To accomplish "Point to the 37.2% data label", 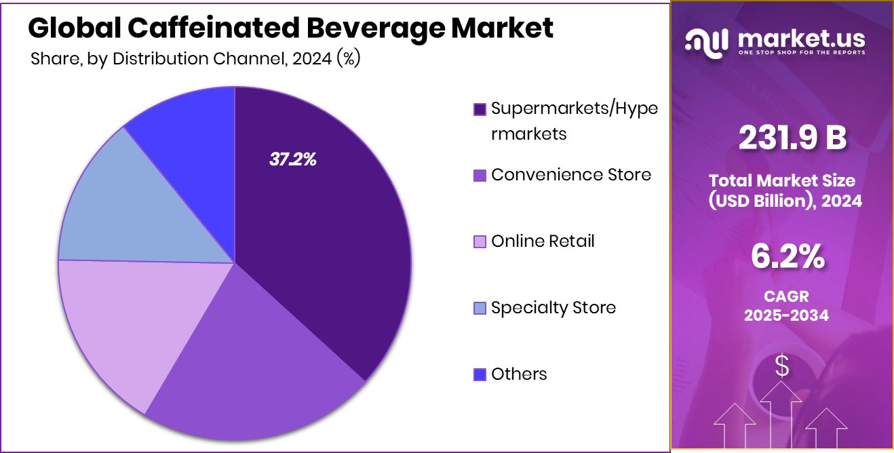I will (x=293, y=160).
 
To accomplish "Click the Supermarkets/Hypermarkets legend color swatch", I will (x=480, y=109).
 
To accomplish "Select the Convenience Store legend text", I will (x=570, y=175).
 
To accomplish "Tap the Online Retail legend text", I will (x=543, y=241).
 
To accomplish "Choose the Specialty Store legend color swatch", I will (x=480, y=309).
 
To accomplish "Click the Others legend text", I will (x=519, y=374).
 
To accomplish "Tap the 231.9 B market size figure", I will (x=792, y=138).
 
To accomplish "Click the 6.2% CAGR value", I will (x=787, y=257).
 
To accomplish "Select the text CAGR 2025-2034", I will (x=786, y=306).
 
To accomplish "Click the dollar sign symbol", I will (x=782, y=366).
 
